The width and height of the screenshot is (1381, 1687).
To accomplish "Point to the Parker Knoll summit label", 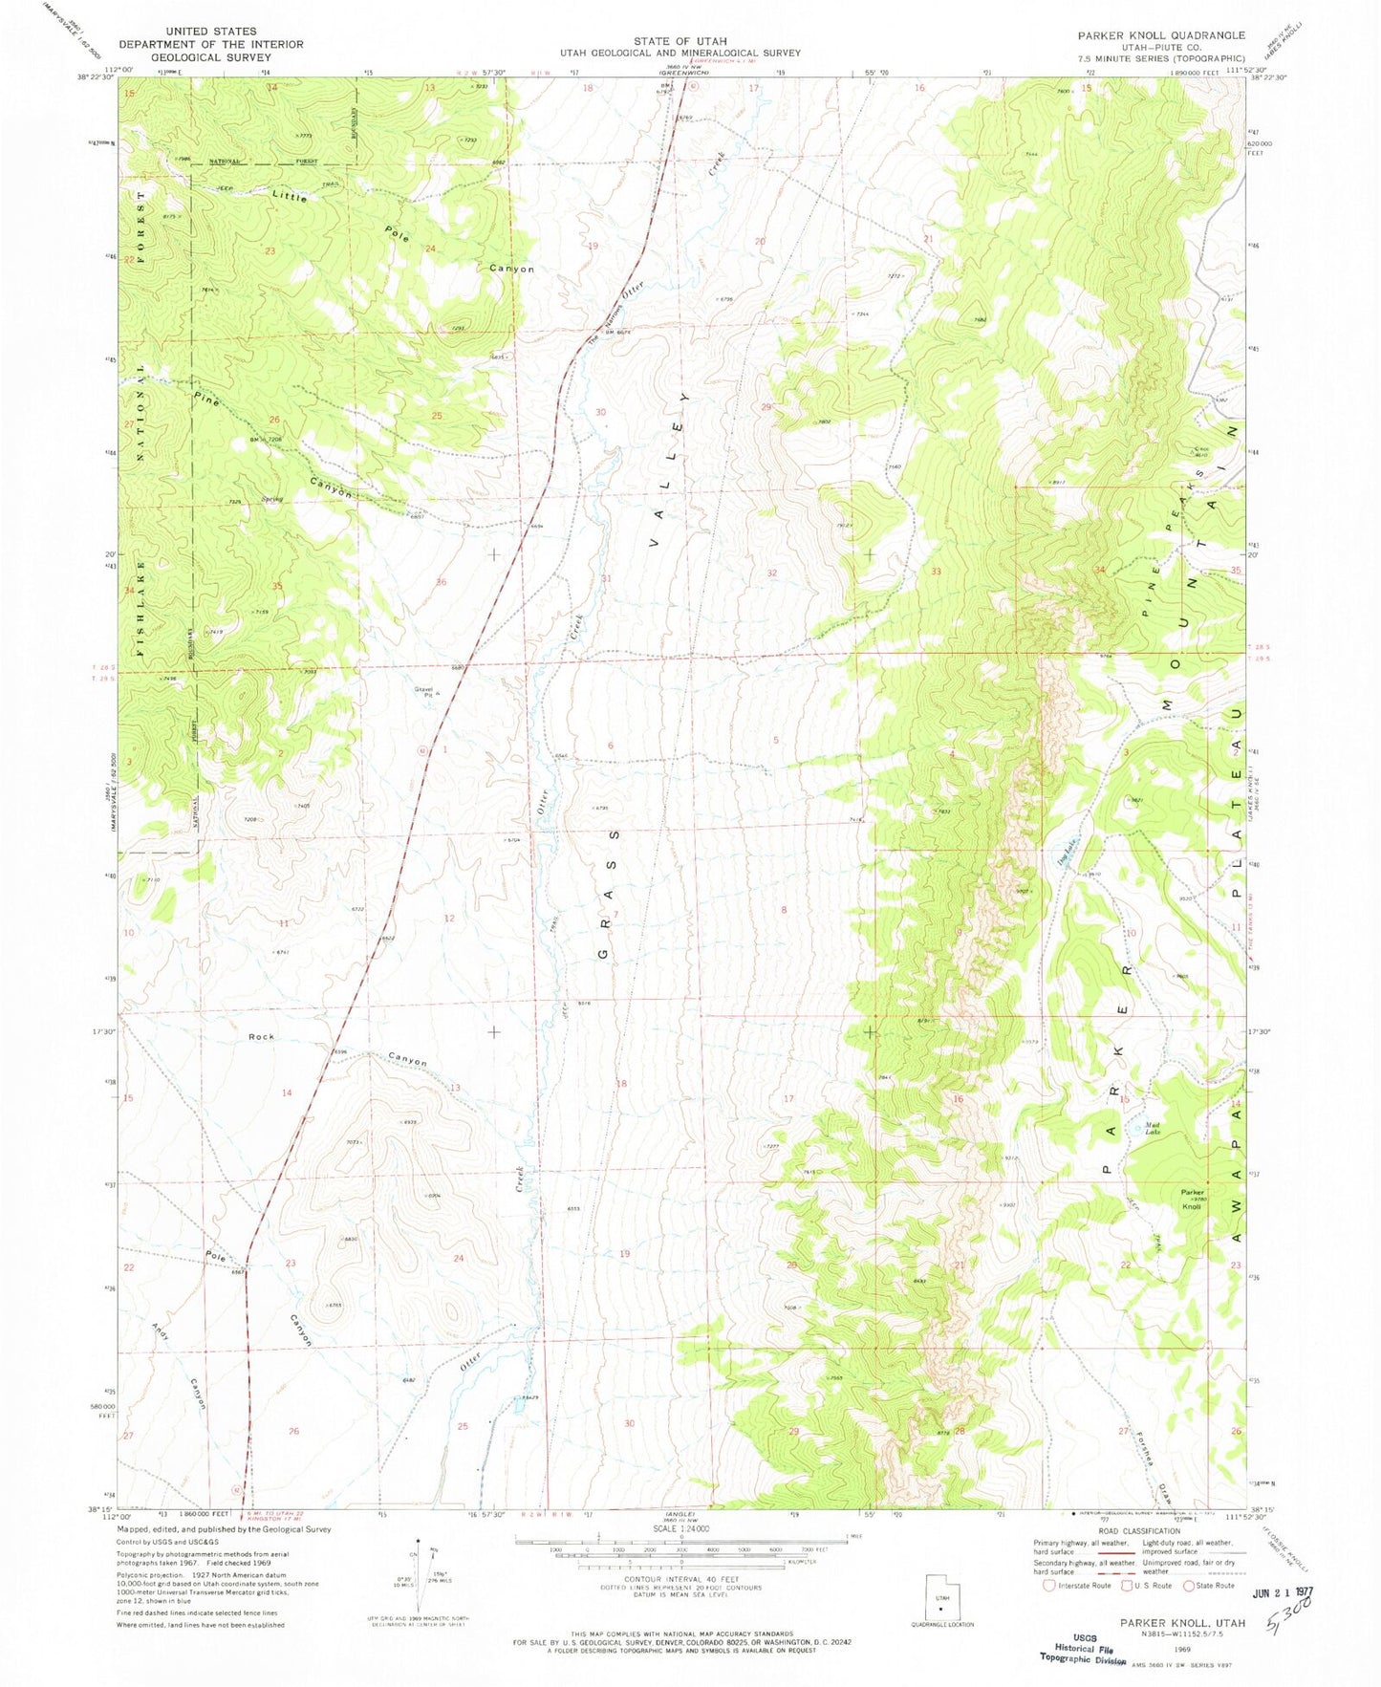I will (x=1192, y=1199).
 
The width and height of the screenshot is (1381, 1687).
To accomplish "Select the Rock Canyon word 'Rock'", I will (x=261, y=1036).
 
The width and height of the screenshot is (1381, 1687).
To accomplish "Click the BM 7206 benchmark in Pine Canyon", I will (x=267, y=439).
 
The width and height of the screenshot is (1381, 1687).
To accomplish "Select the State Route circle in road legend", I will (x=1189, y=1585).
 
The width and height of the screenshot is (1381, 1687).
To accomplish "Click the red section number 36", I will (x=441, y=582).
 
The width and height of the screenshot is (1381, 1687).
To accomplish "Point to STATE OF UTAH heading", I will (x=680, y=41).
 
